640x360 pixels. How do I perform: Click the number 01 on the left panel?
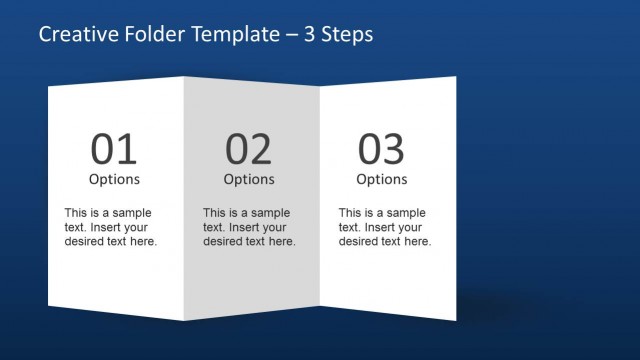pyautogui.click(x=114, y=149)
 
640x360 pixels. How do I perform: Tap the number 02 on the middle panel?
pyautogui.click(x=248, y=149)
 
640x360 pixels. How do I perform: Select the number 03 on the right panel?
pyautogui.click(x=381, y=149)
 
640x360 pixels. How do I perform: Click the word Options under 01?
pyautogui.click(x=114, y=180)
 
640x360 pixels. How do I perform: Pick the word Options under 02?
pyautogui.click(x=248, y=180)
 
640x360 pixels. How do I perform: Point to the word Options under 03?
pyautogui.click(x=382, y=180)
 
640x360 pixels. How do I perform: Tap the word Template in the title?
pyautogui.click(x=226, y=35)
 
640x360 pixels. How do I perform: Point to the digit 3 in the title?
pyautogui.click(x=310, y=35)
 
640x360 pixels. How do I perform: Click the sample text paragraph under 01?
pyautogui.click(x=111, y=227)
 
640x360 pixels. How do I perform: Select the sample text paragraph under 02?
pyautogui.click(x=249, y=227)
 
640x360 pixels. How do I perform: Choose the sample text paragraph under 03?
pyautogui.click(x=385, y=227)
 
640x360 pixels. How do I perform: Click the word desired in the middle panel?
pyautogui.click(x=225, y=242)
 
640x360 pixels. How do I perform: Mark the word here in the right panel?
pyautogui.click(x=418, y=242)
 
